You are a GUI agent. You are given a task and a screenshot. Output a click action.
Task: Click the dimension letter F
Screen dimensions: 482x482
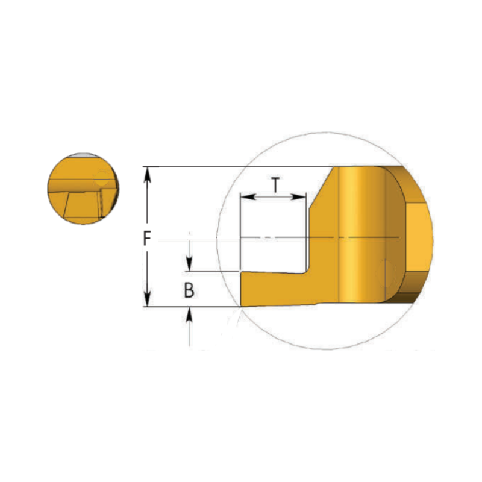pos(147,239)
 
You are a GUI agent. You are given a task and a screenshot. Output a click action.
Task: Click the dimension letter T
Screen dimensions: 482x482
pos(276,185)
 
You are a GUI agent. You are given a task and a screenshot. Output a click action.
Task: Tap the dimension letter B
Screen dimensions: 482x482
pos(189,290)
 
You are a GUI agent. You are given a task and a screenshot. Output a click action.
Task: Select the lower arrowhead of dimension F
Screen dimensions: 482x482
pos(147,299)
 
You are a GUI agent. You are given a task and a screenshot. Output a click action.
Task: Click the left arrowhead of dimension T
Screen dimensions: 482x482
pos(248,197)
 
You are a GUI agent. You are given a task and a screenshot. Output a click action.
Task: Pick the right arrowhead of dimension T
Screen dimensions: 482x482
pos(298,197)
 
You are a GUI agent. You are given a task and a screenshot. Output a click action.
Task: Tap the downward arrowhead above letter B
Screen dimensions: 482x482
pos(189,264)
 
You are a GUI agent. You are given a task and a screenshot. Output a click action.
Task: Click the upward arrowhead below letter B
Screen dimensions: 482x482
pos(189,314)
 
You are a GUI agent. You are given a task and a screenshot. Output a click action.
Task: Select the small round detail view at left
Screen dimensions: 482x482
pos(83,189)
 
